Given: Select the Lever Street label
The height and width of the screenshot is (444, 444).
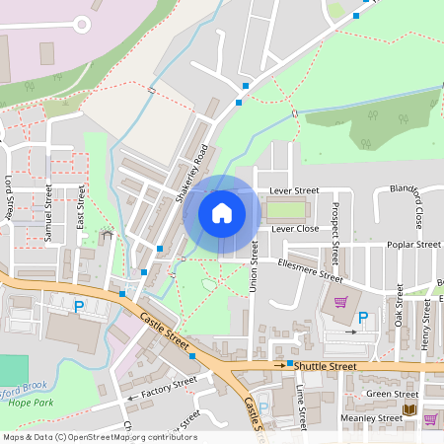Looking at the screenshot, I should pyautogui.click(x=294, y=189).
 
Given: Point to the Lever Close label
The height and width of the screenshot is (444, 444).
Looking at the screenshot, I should pyautogui.click(x=295, y=228).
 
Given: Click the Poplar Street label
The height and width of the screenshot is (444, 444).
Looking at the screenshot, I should pyautogui.click(x=413, y=244).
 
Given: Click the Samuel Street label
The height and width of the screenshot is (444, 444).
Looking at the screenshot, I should pyautogui.click(x=47, y=208).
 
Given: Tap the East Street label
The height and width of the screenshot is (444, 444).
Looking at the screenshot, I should pyautogui.click(x=81, y=208).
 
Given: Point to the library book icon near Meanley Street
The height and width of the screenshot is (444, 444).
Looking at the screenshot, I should pyautogui.click(x=408, y=409).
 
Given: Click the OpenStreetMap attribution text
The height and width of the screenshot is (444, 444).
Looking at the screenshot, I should pyautogui.click(x=100, y=436).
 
